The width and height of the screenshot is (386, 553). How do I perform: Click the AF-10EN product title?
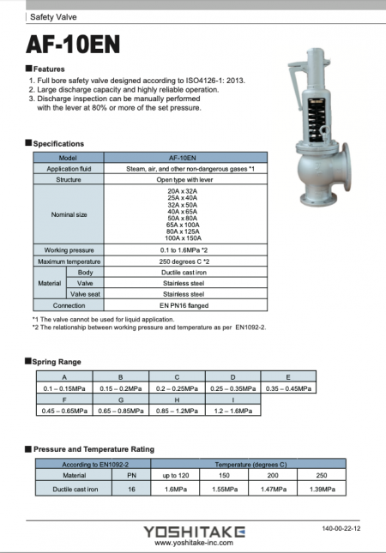click(x=72, y=44)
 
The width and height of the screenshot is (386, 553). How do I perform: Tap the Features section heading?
click(x=48, y=68)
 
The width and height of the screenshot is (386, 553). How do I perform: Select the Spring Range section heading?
click(x=57, y=362)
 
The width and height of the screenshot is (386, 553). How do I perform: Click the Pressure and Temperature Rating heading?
click(x=93, y=448)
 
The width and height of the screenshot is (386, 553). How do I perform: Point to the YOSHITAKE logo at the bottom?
click(x=194, y=531)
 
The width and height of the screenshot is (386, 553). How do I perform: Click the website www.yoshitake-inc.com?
click(x=194, y=542)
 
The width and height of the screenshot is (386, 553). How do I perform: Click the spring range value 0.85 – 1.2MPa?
click(x=177, y=411)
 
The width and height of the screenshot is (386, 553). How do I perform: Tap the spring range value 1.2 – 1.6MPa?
click(x=232, y=411)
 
